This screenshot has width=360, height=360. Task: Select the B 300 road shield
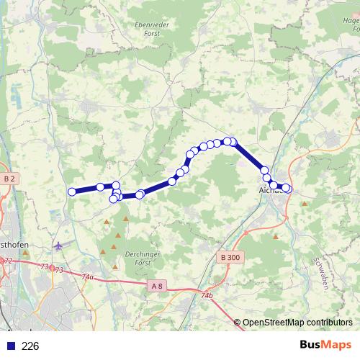pos(230,257)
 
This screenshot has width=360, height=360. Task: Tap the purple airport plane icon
pos(58,246)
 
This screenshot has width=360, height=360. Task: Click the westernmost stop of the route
pos(72,192)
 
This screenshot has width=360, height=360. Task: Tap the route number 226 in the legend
pos(30,346)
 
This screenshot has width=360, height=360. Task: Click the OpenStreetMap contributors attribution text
pos(297,323)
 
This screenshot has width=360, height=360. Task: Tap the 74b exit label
pos(207,295)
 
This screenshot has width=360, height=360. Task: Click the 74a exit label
pos(88,276)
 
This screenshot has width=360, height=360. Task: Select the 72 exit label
pos(8,261)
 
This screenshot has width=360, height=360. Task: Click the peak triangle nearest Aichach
pos(305,204)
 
